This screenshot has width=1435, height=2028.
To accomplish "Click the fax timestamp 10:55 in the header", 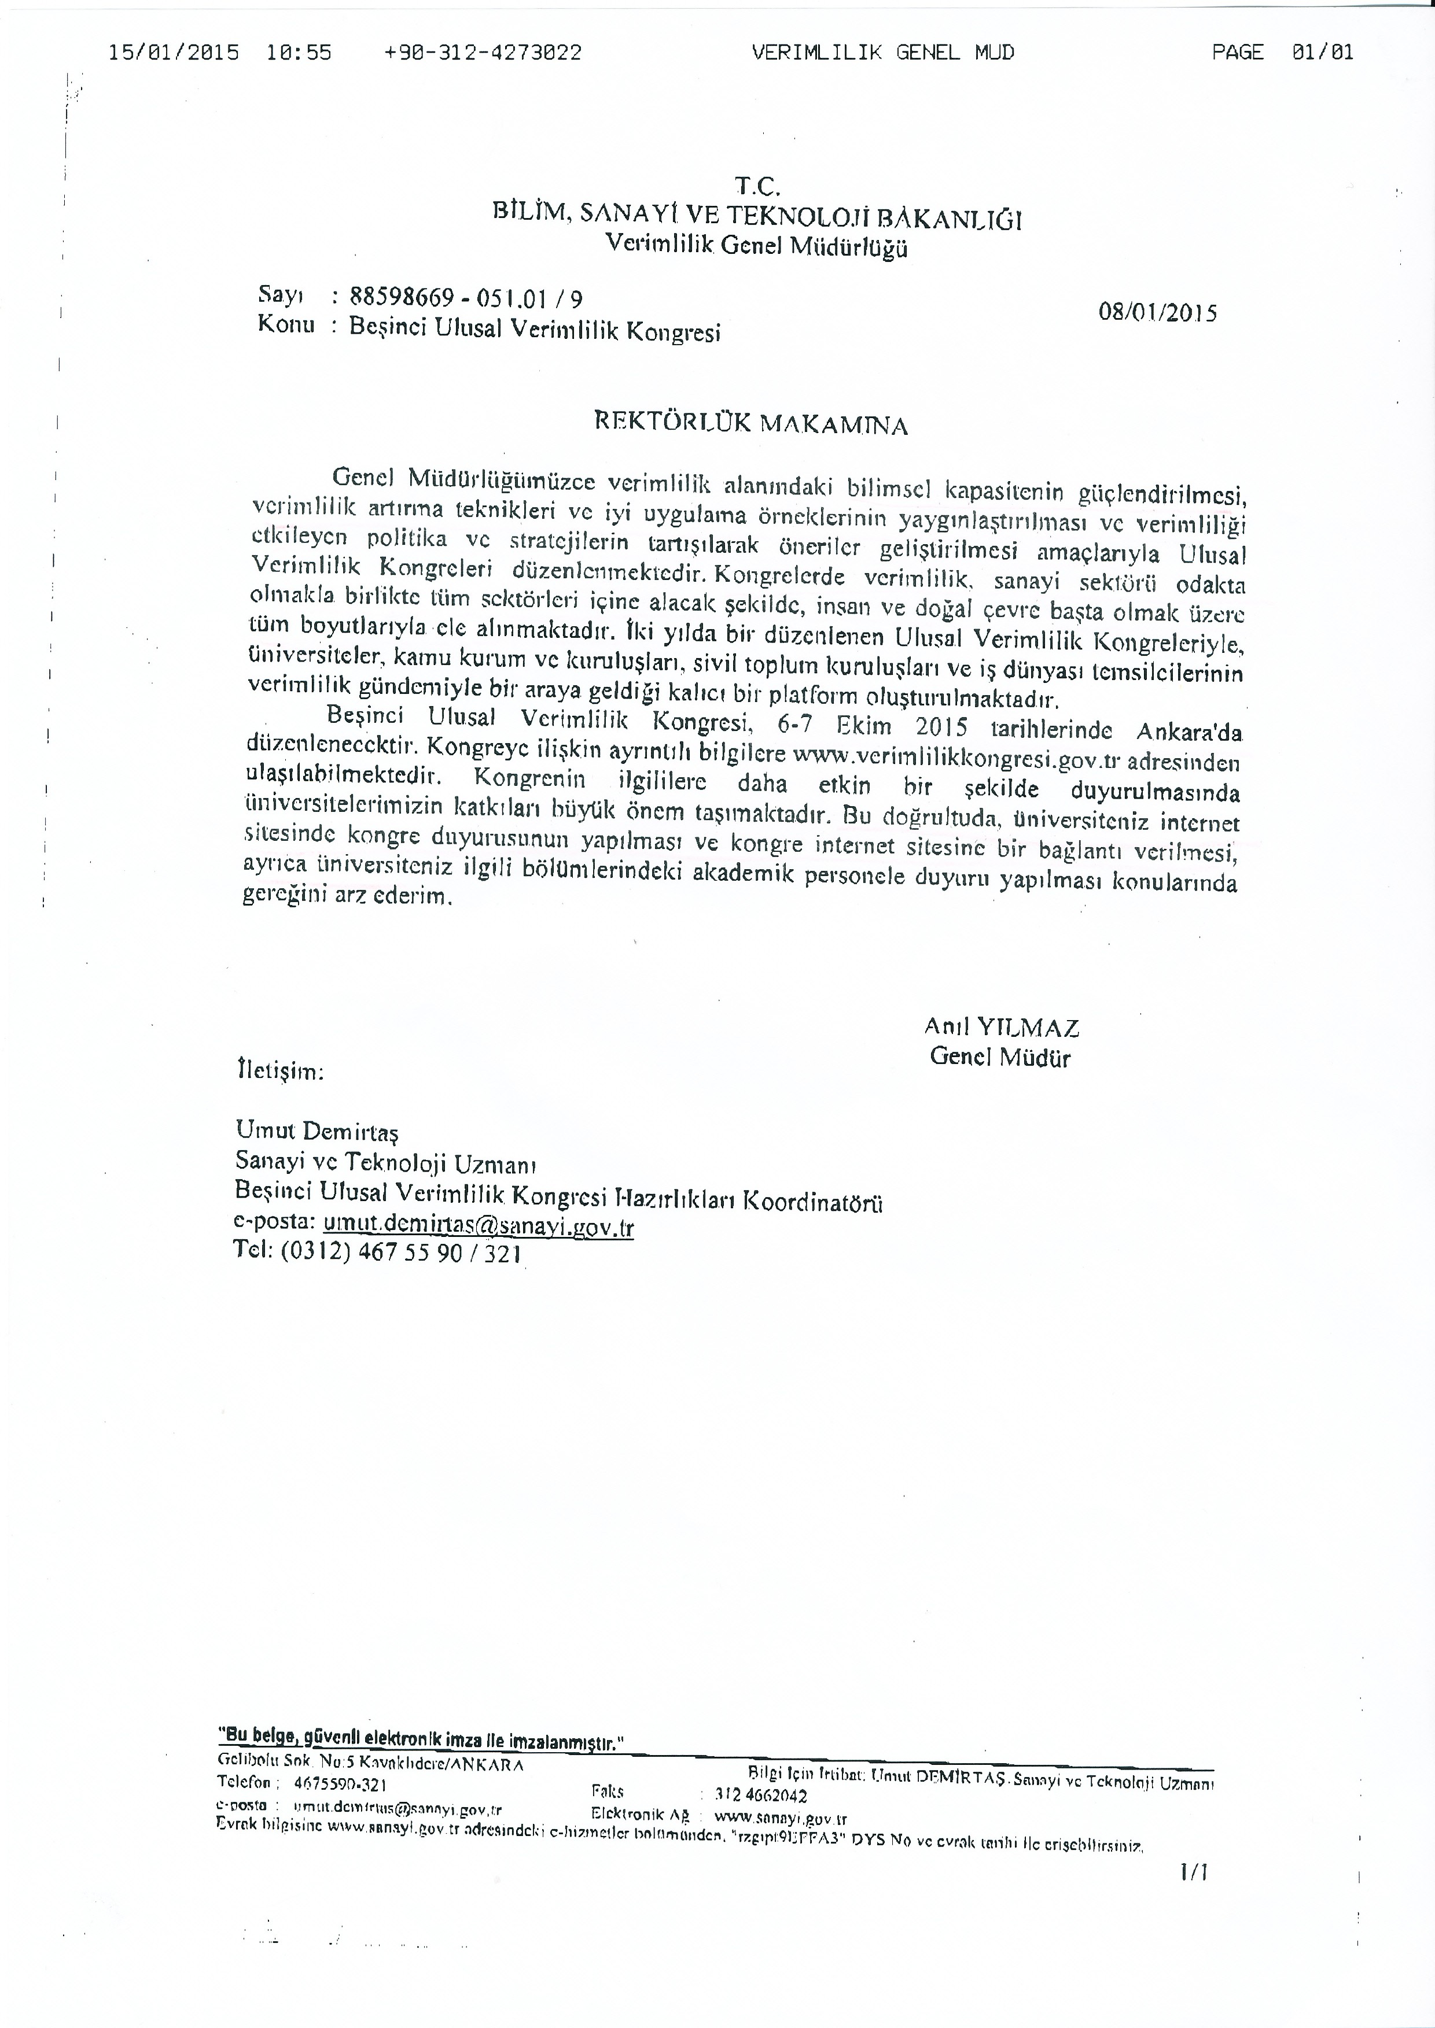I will point(299,53).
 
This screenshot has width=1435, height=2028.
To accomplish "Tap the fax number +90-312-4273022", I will point(483,53).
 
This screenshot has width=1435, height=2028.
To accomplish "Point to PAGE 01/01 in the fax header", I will point(1282,53).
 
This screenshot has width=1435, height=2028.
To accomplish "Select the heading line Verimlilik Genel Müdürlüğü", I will point(756,246).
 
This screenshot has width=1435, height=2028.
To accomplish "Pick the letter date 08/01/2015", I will point(1157,313).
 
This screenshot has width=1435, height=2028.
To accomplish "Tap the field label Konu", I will point(285,324).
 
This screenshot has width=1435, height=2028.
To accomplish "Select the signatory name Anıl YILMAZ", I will point(1001,1027).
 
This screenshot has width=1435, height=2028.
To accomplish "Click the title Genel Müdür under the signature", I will point(999,1057).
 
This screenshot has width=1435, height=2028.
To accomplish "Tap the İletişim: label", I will point(280,1072).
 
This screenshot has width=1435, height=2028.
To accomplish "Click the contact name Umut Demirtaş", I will point(317,1132).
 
